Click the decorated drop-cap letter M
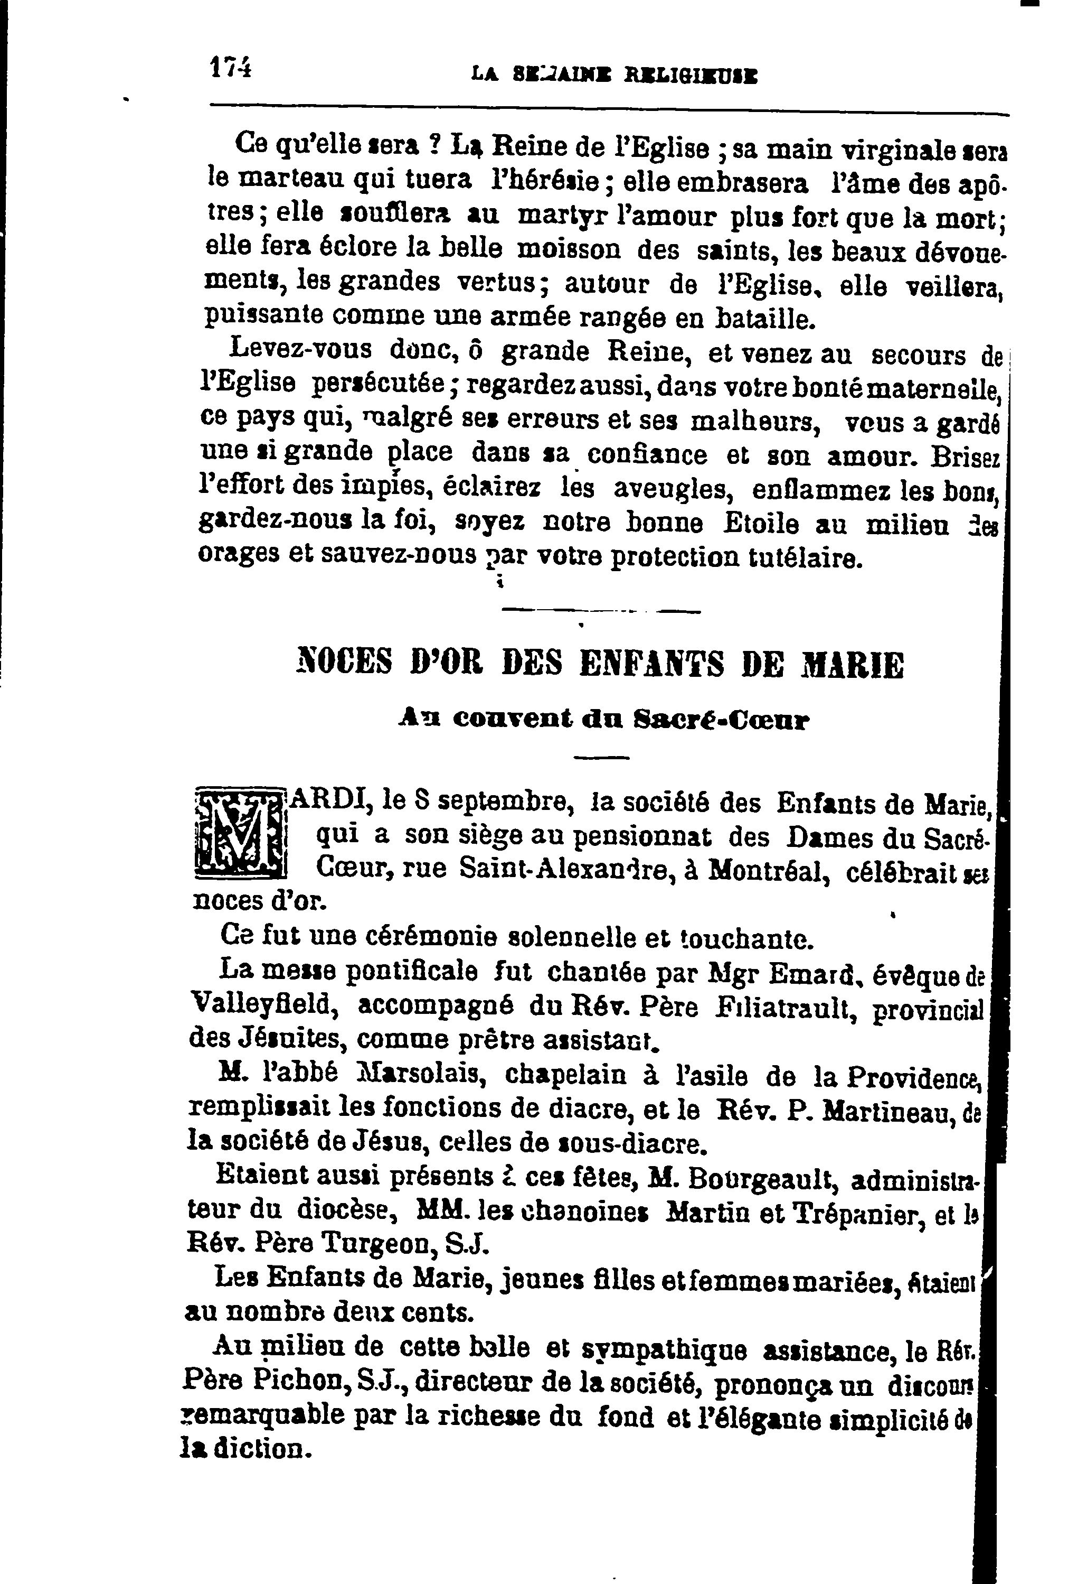pos(239,832)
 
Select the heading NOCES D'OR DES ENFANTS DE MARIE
pos(601,664)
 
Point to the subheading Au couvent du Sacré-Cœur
pos(603,719)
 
